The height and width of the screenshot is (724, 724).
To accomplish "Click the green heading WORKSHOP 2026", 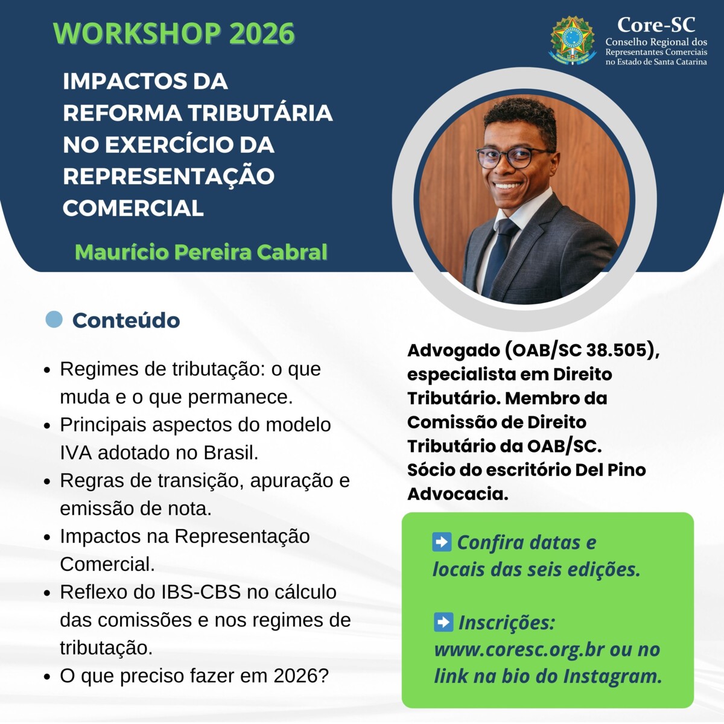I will (x=174, y=34).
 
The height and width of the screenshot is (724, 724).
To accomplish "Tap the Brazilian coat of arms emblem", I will (x=573, y=40).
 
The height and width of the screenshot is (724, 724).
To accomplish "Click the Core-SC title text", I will (x=656, y=25).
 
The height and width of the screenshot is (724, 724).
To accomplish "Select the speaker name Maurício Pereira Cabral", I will (x=201, y=252).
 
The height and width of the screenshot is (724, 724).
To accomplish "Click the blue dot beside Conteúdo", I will (x=54, y=319).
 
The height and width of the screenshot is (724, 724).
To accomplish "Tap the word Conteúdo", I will (x=126, y=320).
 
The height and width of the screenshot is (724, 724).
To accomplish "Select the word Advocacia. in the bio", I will (x=457, y=494).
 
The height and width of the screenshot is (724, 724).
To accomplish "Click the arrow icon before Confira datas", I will (x=442, y=542).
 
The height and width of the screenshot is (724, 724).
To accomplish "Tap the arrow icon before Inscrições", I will (x=443, y=621).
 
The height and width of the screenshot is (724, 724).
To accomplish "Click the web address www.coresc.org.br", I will (x=519, y=650).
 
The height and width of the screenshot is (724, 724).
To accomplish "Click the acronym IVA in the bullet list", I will (x=76, y=453).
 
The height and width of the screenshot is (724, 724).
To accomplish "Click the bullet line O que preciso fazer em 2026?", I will (x=194, y=676).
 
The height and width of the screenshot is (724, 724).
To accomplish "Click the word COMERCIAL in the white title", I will (x=133, y=208).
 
